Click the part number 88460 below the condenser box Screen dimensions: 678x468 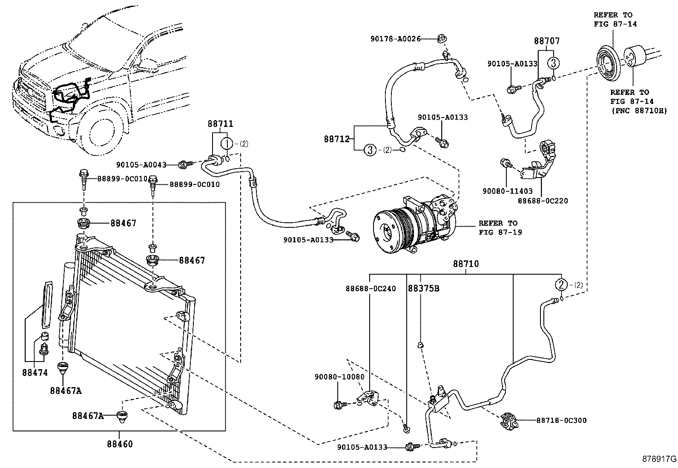(x=120, y=444)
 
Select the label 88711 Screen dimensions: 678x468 (x=220, y=124)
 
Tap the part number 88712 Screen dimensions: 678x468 (x=337, y=139)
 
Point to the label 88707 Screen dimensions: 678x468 (x=547, y=40)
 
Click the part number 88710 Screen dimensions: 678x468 (x=466, y=264)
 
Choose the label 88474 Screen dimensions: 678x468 (x=35, y=373)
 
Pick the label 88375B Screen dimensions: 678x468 (x=423, y=288)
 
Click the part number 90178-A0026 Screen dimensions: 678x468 (x=396, y=39)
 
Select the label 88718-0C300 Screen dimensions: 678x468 (x=561, y=420)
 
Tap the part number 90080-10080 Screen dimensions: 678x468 (x=339, y=377)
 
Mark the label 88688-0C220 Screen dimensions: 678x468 (x=543, y=201)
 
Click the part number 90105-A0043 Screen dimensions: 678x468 (x=141, y=165)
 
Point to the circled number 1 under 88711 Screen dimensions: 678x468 (x=227, y=144)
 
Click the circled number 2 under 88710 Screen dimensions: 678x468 (x=561, y=285)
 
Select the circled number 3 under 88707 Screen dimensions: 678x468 (x=553, y=63)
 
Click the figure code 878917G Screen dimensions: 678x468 (x=659, y=459)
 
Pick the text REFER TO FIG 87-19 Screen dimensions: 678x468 (x=500, y=228)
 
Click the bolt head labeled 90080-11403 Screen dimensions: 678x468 (x=504, y=163)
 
